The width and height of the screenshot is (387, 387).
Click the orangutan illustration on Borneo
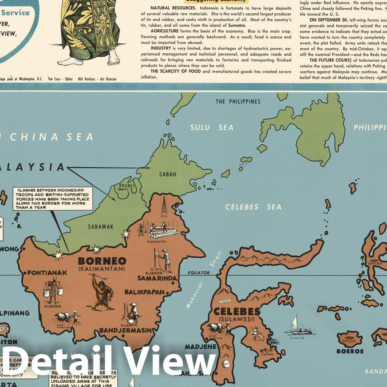[x=102, y=292]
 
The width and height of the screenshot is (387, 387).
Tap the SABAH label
[x=168, y=175]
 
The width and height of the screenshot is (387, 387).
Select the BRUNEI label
[x=128, y=187]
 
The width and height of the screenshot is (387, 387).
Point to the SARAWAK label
[x=100, y=226]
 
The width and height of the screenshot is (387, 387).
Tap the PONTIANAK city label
[x=47, y=273]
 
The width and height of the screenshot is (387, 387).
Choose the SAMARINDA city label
[x=157, y=278]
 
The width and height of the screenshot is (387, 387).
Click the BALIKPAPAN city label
[x=144, y=292]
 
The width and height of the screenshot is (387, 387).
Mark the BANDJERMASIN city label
[x=126, y=330]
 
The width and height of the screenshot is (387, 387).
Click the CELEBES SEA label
[x=253, y=207]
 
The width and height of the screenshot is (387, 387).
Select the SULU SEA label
[x=211, y=128]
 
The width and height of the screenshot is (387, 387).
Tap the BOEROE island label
[x=350, y=351]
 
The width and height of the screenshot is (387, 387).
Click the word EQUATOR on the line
[x=199, y=273]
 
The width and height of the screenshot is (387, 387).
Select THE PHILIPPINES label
[x=238, y=102]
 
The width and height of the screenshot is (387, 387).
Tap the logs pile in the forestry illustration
[x=164, y=233]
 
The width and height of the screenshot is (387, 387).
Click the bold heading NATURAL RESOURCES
[x=173, y=8]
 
